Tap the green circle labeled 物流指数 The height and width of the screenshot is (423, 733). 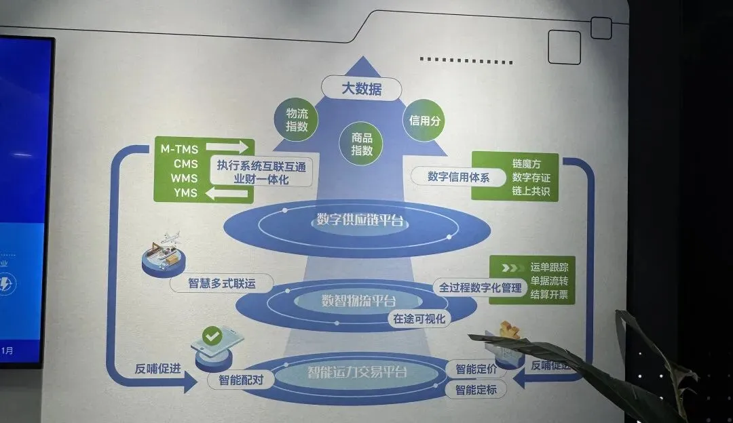tap(297, 120)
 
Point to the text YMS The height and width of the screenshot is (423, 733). tap(185, 193)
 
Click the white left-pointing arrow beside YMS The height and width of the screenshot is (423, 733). tap(228, 195)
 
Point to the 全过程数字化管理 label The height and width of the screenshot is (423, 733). tap(481, 287)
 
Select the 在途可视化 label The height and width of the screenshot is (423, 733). tap(419, 318)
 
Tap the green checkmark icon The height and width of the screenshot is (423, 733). tap(212, 336)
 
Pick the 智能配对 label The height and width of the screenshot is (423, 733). tap(240, 380)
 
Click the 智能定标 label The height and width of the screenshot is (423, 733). tap(475, 390)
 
